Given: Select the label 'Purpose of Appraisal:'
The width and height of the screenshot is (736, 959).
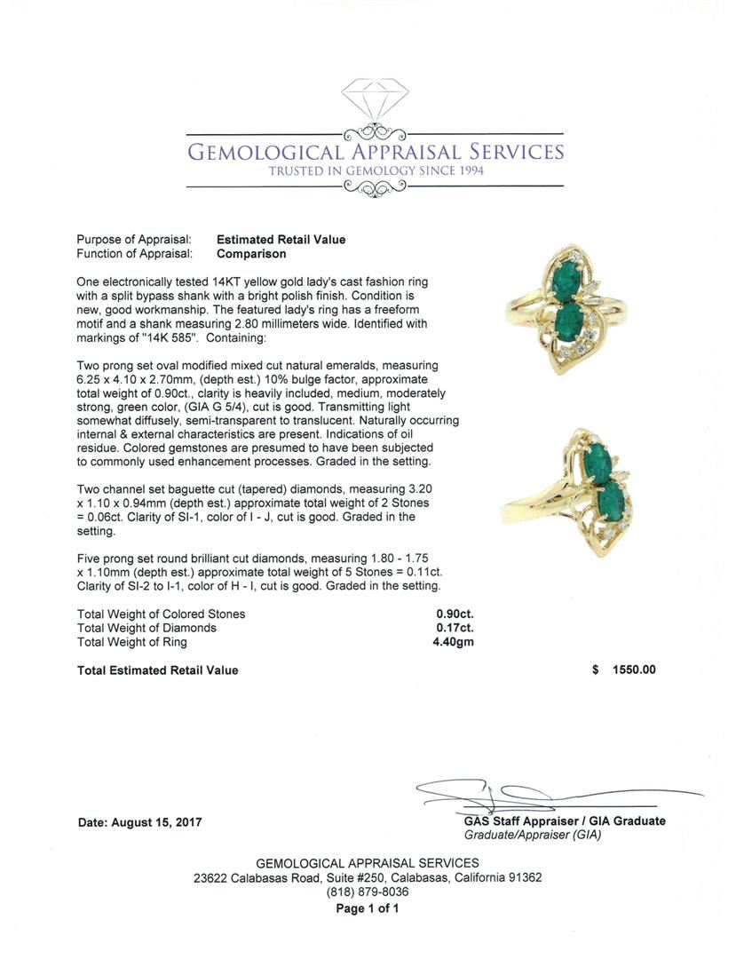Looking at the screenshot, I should tap(134, 240).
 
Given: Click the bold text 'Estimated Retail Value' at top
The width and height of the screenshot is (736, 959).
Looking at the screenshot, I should tap(281, 240).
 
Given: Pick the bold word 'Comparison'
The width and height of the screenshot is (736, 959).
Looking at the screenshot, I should tap(251, 254).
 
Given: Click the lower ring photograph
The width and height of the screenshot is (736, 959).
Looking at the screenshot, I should tap(590, 493).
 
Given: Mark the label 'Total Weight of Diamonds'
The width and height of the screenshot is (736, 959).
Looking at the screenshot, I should tap(146, 628).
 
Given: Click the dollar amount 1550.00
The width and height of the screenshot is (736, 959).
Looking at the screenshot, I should tap(634, 670).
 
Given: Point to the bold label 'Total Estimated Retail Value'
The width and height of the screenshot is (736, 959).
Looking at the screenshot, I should tap(157, 670).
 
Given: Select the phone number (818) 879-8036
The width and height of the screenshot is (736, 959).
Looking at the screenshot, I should tap(368, 892).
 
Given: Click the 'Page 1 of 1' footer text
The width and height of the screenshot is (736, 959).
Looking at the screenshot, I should tap(368, 908).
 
